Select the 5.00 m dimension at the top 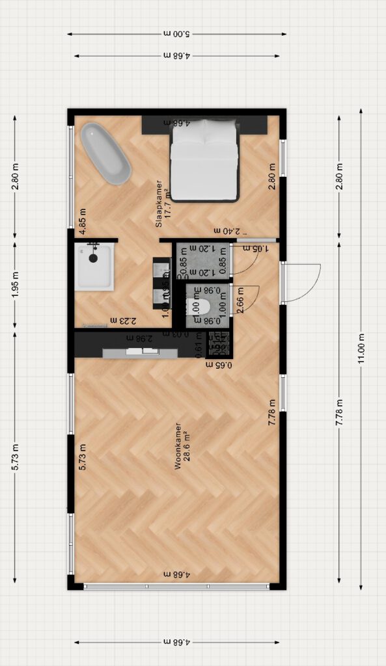coord(177,34)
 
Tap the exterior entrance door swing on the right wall coord(301,282)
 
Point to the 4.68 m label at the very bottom coord(177,642)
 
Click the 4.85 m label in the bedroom coord(83,220)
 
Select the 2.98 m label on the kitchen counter coord(139,338)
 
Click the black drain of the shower coord(94,258)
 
